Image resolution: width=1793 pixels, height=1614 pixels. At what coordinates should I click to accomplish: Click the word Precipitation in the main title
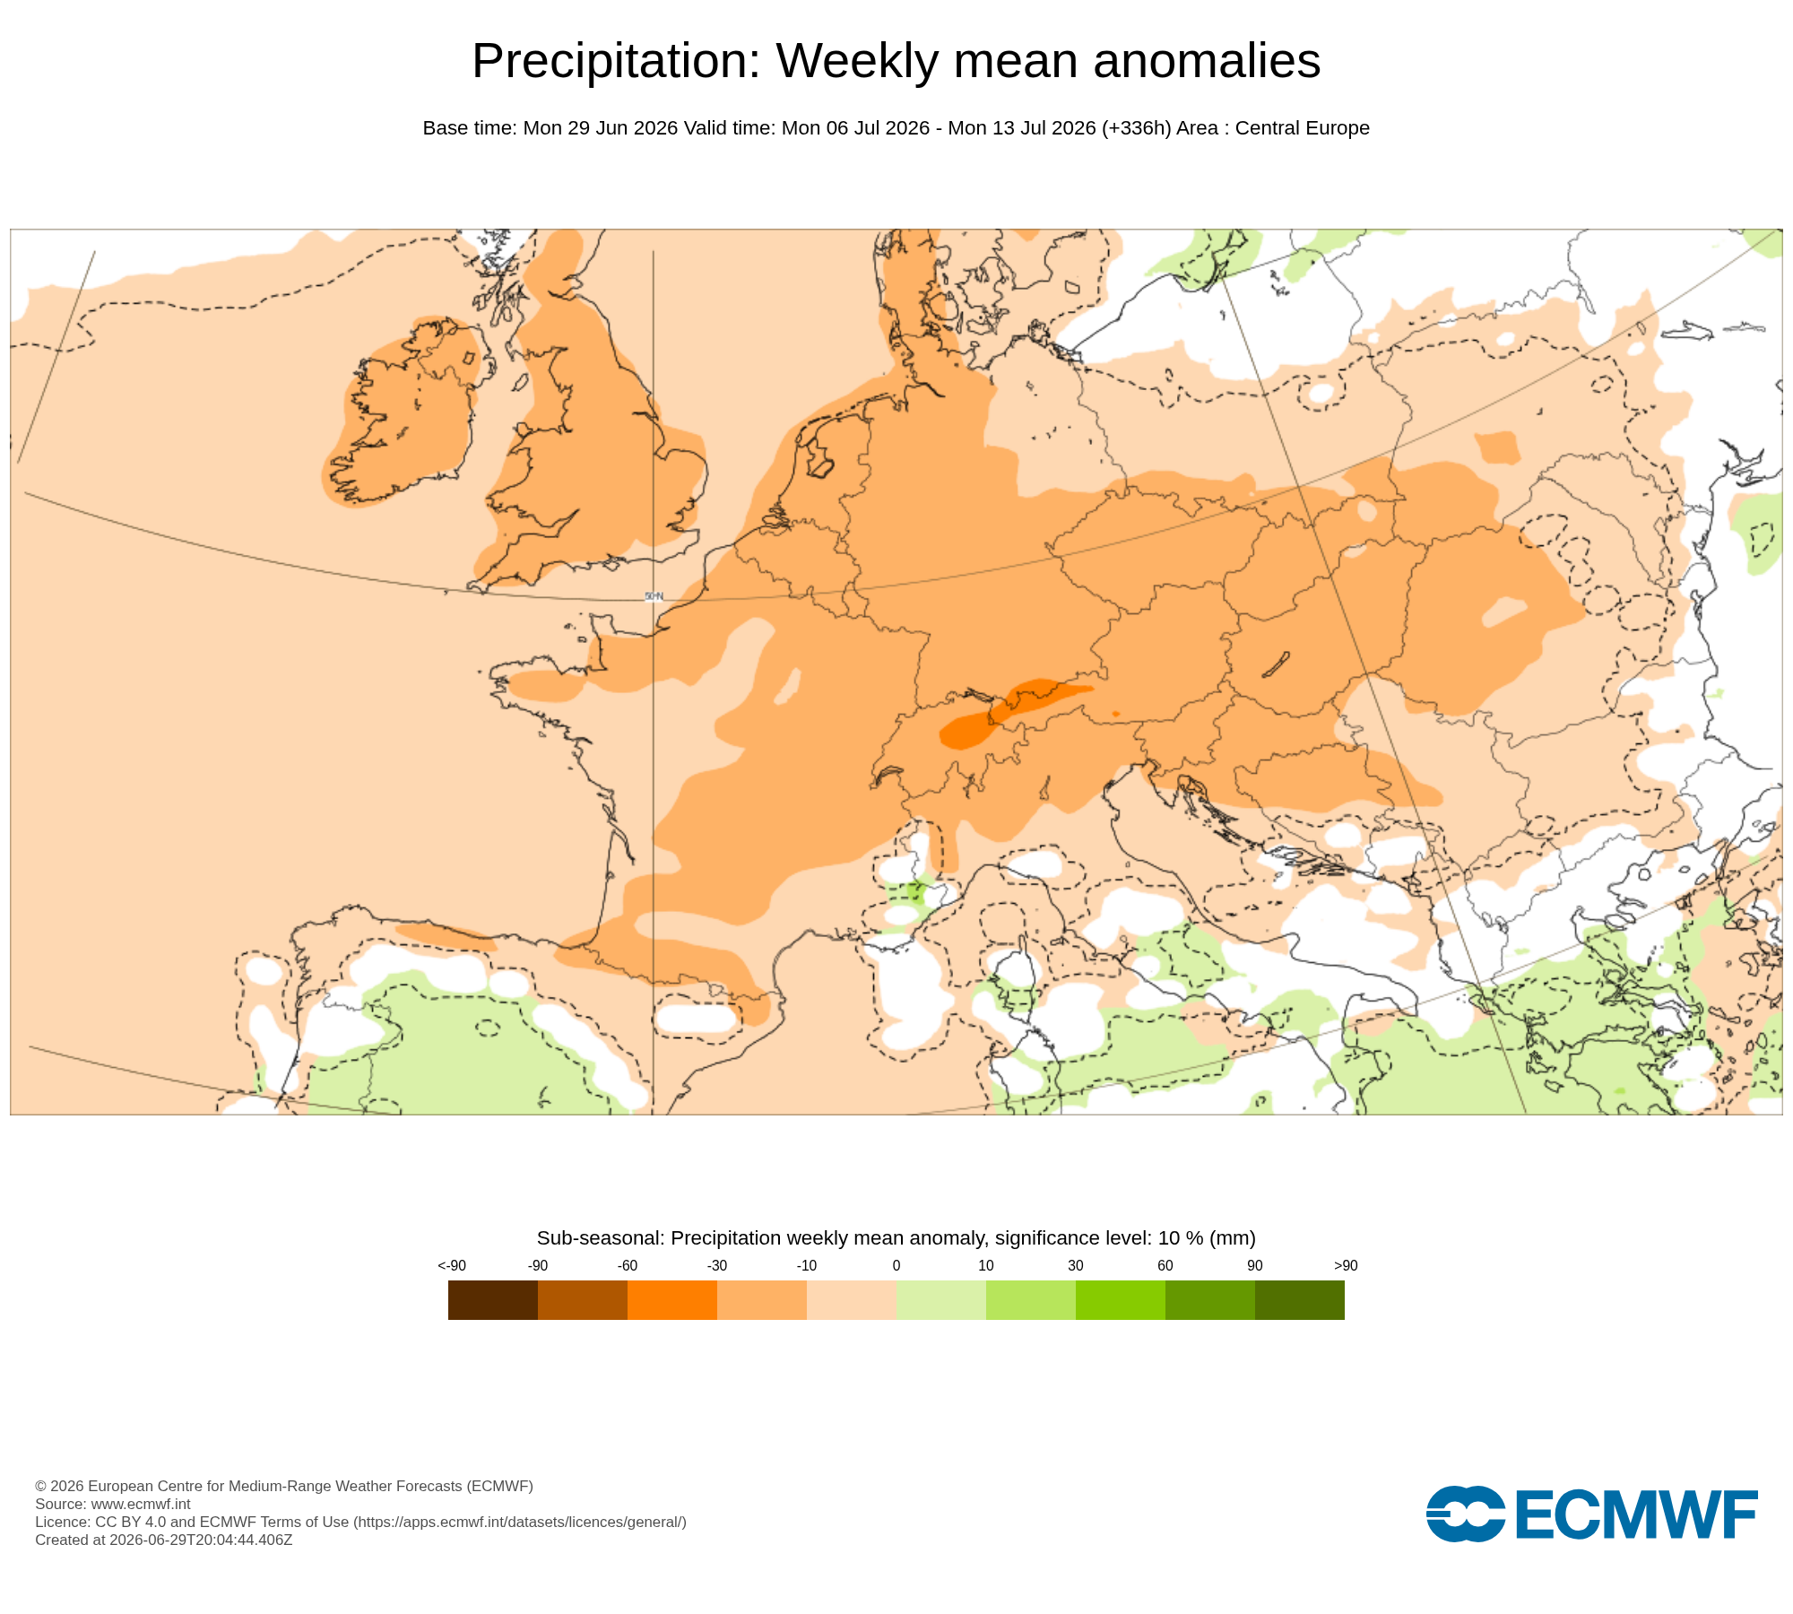coord(617,61)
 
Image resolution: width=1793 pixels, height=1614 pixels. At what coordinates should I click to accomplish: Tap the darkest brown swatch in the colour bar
coord(493,1300)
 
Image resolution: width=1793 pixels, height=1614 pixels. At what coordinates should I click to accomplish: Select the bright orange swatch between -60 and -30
coord(672,1300)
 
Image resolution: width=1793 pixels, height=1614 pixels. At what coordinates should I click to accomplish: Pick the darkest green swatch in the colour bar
coord(1300,1300)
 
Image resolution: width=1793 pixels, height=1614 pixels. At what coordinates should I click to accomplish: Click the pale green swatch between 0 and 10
coord(941,1300)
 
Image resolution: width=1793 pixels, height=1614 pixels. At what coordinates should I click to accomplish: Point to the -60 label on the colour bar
coord(628,1265)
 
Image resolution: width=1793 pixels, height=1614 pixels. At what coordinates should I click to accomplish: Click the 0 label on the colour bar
coord(896,1265)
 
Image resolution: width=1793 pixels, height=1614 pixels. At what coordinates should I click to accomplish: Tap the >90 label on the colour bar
coord(1346,1265)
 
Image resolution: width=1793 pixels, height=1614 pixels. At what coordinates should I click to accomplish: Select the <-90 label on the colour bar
coord(452,1265)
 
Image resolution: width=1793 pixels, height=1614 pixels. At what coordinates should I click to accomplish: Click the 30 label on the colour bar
coord(1076,1265)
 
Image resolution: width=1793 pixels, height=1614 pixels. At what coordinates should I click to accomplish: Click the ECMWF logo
coord(1592,1514)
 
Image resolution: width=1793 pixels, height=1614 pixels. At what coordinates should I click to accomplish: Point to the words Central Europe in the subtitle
coord(1303,128)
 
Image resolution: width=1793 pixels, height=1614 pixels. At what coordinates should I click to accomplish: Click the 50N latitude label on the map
coord(654,596)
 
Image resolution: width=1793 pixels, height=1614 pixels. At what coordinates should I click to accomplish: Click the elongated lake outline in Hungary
coord(1276,664)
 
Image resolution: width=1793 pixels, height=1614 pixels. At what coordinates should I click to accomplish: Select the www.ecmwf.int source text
coord(141,1504)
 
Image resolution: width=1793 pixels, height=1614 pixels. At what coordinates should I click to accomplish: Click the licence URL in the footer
coord(520,1522)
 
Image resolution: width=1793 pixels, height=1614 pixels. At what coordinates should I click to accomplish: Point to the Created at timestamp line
coord(164,1540)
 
